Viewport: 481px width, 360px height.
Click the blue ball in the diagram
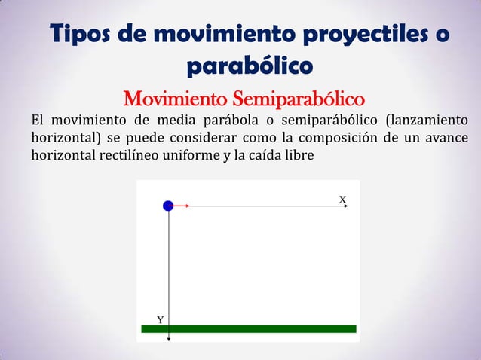pos(168,206)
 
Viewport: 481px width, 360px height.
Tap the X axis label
pos(342,199)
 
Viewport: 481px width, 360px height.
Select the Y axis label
pos(161,320)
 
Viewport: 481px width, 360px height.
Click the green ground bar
pos(249,328)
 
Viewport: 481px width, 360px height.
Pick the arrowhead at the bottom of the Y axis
pos(168,340)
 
